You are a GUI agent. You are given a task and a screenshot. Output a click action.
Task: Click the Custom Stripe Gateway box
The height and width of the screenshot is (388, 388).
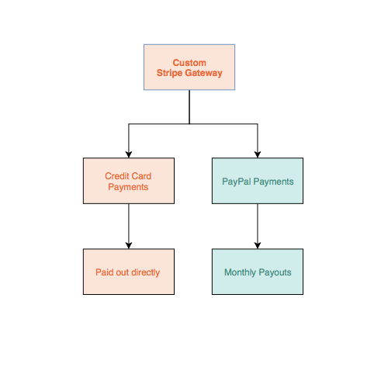(x=189, y=68)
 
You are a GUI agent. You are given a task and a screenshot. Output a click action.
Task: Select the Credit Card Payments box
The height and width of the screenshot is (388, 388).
(x=129, y=181)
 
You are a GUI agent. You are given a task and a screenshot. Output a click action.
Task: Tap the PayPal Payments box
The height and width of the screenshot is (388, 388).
(x=258, y=181)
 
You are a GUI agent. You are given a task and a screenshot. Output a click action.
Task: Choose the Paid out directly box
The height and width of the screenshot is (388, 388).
(x=129, y=272)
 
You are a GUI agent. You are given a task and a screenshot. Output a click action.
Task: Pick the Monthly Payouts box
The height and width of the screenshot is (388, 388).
(x=258, y=272)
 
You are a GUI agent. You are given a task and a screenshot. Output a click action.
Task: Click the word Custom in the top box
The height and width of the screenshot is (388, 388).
(x=189, y=63)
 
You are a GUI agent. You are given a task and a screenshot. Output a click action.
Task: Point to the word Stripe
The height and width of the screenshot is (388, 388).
(x=169, y=73)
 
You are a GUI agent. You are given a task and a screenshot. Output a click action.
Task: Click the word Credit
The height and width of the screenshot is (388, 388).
(x=117, y=176)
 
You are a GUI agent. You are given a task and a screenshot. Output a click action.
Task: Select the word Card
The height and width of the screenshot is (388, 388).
(x=141, y=176)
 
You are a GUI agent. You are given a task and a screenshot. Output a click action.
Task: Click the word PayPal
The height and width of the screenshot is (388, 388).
(x=237, y=182)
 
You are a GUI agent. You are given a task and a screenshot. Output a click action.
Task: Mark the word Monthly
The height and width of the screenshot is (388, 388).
(x=240, y=272)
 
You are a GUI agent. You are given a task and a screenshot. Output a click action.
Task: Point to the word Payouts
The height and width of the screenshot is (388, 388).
(x=275, y=272)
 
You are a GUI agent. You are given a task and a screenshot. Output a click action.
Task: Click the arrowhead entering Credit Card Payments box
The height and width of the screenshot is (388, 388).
(x=129, y=154)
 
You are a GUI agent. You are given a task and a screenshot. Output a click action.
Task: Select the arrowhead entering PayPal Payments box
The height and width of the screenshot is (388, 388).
(x=258, y=154)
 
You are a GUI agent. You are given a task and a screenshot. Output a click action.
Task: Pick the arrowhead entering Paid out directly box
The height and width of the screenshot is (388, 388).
(x=129, y=246)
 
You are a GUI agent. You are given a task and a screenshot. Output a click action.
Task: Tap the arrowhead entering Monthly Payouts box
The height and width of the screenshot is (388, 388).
(x=258, y=246)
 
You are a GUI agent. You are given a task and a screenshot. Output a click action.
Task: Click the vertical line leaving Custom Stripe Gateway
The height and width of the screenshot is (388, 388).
(x=189, y=107)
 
